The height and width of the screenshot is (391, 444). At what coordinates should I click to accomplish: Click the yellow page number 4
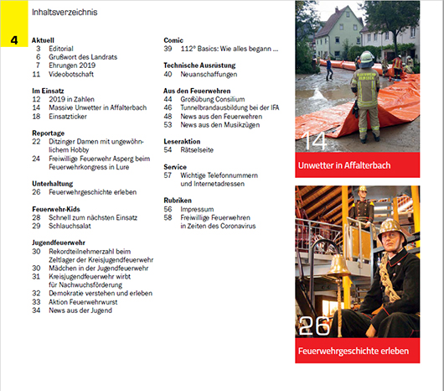coord(14,40)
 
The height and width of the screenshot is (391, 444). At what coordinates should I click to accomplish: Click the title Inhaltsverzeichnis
coord(65,13)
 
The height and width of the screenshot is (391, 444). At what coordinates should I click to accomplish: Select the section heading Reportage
coord(48,133)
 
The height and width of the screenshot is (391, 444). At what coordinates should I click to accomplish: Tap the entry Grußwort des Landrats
coord(83,57)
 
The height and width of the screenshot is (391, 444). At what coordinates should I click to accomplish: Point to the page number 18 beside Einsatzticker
coord(36,117)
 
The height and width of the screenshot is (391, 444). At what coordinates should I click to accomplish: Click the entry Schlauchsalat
coord(70,226)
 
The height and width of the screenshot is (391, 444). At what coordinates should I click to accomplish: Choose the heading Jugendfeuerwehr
coord(59,242)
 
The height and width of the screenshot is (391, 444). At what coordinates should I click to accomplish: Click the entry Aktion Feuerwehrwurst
coord(83,302)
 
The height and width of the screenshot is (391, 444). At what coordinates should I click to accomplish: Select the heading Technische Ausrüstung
coord(199,65)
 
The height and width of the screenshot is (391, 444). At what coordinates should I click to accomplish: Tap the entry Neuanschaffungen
coord(209,75)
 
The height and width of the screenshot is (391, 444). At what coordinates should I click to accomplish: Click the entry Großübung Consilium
coord(213,99)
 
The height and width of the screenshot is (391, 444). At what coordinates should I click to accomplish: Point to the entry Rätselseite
coord(197,149)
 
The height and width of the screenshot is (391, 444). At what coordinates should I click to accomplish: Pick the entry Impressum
coord(197,209)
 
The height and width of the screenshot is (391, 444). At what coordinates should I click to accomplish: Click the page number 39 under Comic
coord(168,49)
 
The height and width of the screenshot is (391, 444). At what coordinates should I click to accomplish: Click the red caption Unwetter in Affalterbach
coord(344,165)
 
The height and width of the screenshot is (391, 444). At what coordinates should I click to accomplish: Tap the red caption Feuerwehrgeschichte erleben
coord(354,351)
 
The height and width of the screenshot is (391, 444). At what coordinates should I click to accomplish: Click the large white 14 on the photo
coord(314,141)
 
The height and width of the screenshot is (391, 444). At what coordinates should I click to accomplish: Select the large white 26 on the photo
coord(314,326)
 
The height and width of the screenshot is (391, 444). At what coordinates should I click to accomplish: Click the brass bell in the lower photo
coord(338,265)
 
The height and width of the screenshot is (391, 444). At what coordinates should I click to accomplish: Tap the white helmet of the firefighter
coord(367,57)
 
